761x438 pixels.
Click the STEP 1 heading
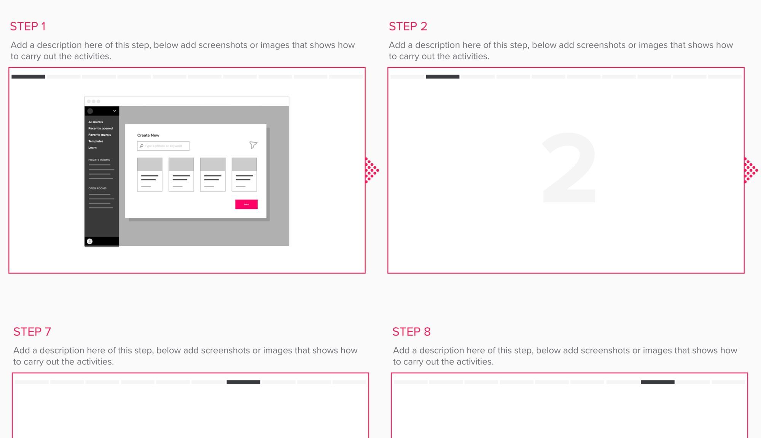[28, 26]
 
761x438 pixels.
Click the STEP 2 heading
[408, 26]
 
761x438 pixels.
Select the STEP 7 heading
[32, 332]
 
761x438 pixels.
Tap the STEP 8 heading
[411, 332]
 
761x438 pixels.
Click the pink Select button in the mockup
[246, 204]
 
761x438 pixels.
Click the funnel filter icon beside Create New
[253, 145]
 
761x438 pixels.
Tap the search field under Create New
[163, 146]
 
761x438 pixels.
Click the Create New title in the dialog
[148, 135]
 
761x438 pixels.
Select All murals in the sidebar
[96, 122]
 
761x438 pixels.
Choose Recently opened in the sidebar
[100, 128]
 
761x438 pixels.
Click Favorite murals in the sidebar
[100, 135]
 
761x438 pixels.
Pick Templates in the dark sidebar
[96, 141]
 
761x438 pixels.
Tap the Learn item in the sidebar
[92, 148]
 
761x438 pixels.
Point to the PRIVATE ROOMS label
[99, 160]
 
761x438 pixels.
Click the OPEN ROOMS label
[97, 188]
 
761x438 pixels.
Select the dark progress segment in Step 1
[28, 77]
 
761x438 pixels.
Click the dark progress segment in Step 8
[658, 382]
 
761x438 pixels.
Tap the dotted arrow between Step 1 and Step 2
[371, 170]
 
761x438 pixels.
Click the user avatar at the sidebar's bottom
[90, 241]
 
